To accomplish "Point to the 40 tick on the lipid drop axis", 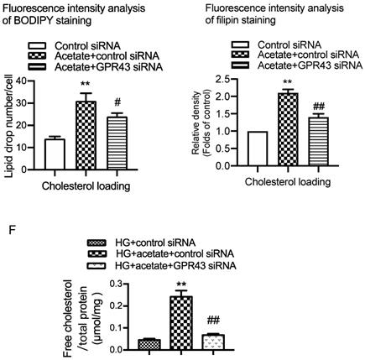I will (22, 78).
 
